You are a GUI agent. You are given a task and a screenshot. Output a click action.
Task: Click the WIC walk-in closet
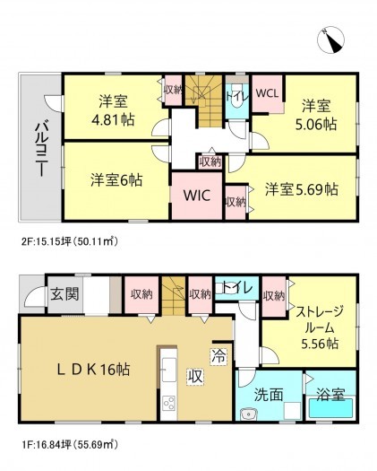197,195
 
